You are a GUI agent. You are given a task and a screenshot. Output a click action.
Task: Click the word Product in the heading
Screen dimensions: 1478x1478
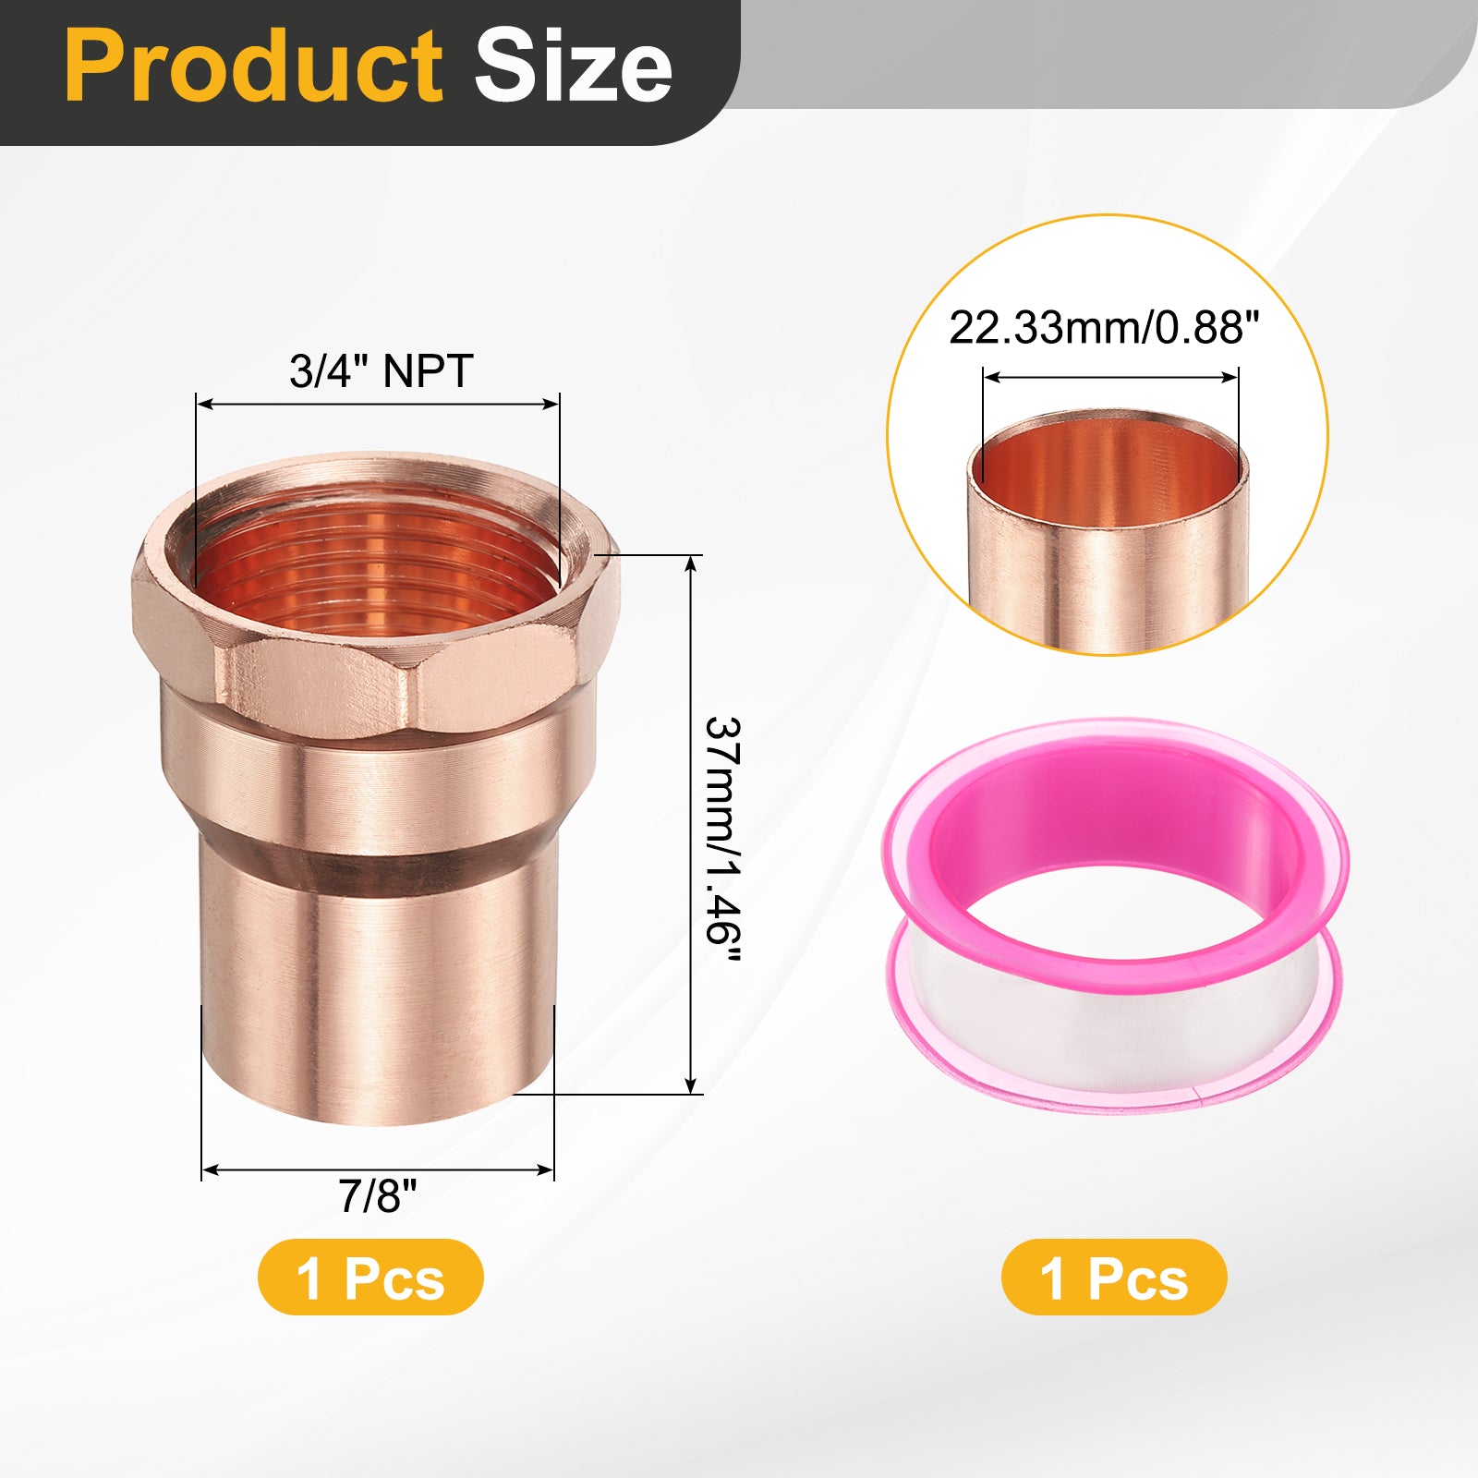pyautogui.click(x=253, y=67)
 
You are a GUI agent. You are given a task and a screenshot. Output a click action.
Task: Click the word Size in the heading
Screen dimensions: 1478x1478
pyautogui.click(x=574, y=67)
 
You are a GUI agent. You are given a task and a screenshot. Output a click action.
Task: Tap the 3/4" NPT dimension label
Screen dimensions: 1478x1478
pyautogui.click(x=381, y=371)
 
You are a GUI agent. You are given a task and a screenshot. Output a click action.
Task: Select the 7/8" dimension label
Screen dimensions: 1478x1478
pyautogui.click(x=378, y=1196)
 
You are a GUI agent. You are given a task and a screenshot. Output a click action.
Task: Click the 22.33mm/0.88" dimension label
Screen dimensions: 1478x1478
pyautogui.click(x=1104, y=328)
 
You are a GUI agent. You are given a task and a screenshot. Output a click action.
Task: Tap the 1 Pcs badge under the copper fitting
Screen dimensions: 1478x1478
pyautogui.click(x=370, y=1278)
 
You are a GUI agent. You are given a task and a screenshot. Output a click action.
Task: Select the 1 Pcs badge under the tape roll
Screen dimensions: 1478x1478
pyautogui.click(x=1114, y=1278)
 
